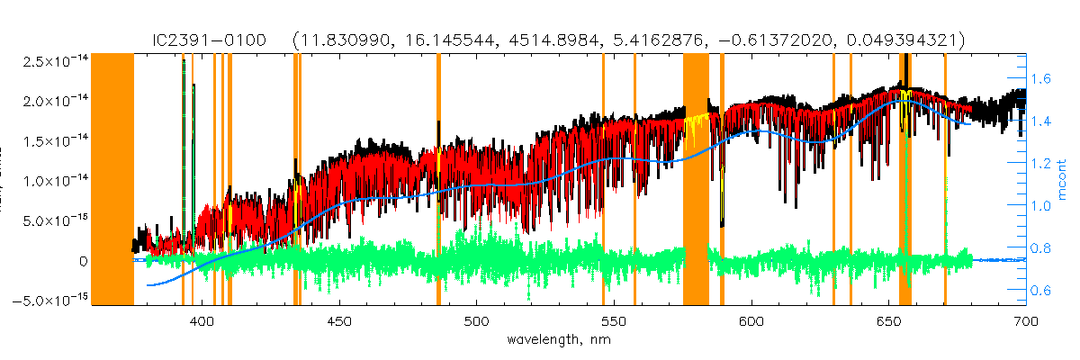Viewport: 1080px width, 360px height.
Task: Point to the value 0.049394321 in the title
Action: pyautogui.click(x=908, y=40)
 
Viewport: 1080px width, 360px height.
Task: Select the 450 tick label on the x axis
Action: pyautogui.click(x=339, y=320)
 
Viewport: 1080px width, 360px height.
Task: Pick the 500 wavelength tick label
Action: pyautogui.click(x=476, y=320)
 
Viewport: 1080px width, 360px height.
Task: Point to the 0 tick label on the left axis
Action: pyautogui.click(x=83, y=261)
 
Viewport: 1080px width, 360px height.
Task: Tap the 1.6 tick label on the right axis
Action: pyautogui.click(x=1040, y=79)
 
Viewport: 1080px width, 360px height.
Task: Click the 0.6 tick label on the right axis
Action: pyautogui.click(x=1040, y=291)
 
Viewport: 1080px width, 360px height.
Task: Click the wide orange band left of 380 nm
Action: pyautogui.click(x=112, y=180)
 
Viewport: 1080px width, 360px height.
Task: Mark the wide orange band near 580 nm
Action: pyautogui.click(x=696, y=180)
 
